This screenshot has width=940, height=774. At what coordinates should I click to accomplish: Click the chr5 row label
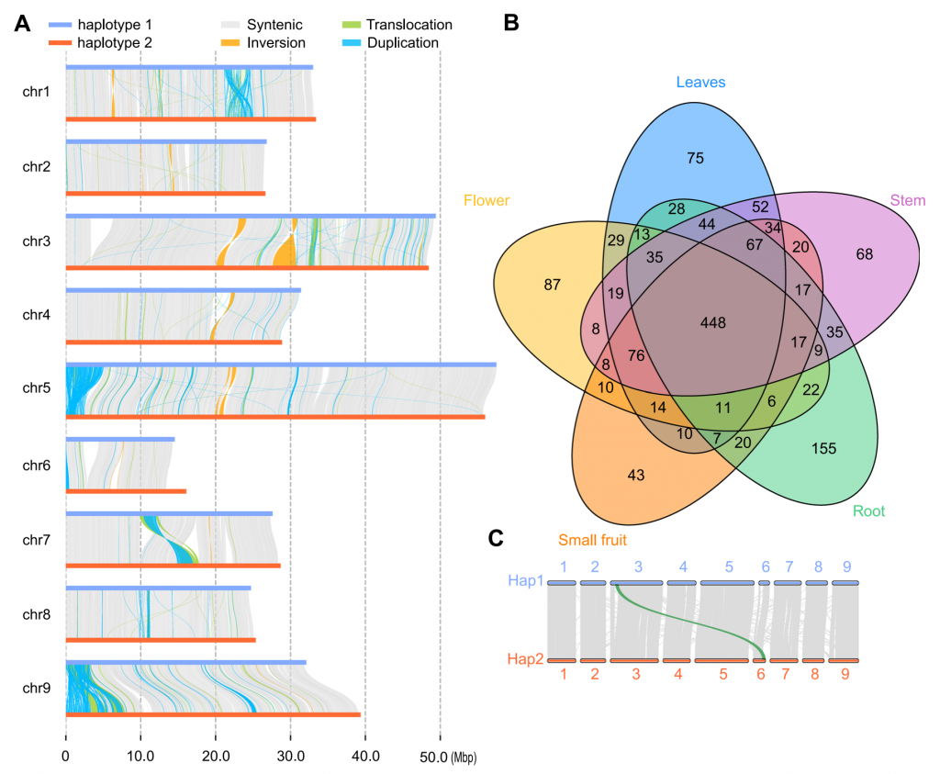pyautogui.click(x=36, y=389)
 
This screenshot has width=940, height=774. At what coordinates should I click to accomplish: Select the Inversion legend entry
pyautogui.click(x=275, y=42)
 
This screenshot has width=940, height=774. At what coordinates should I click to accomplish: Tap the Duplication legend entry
pyautogui.click(x=402, y=42)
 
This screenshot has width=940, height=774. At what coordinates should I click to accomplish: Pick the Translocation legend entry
pyautogui.click(x=408, y=25)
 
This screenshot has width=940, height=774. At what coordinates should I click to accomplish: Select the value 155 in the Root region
pyautogui.click(x=824, y=448)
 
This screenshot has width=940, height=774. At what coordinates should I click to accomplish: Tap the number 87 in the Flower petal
pyautogui.click(x=553, y=285)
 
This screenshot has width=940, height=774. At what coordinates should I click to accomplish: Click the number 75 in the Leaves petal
pyautogui.click(x=695, y=158)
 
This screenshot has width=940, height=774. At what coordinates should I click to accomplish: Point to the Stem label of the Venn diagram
pyautogui.click(x=907, y=200)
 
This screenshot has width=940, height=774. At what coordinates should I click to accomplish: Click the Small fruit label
pyautogui.click(x=592, y=541)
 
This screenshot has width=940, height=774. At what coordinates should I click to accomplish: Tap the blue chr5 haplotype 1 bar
pyautogui.click(x=281, y=365)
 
